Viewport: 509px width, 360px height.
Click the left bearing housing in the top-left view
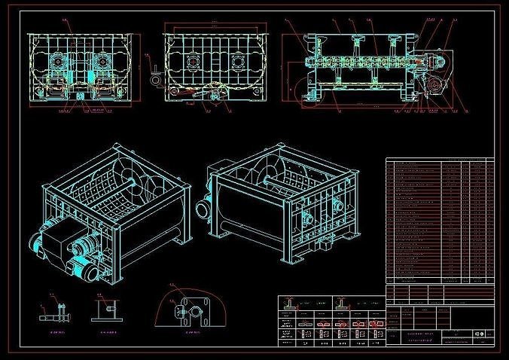pos(57,60)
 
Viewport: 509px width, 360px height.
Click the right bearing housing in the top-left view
pos(99,60)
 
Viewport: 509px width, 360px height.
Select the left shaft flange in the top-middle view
pos(190,63)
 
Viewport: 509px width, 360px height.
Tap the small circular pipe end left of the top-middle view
pos(155,75)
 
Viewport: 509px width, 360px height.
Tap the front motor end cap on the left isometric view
pos(37,243)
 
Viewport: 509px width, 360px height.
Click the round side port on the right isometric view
pos(307,219)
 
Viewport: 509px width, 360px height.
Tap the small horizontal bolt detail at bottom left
pos(54,310)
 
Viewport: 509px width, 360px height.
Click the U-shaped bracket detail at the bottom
pos(106,310)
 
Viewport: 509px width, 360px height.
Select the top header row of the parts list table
pos(440,160)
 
